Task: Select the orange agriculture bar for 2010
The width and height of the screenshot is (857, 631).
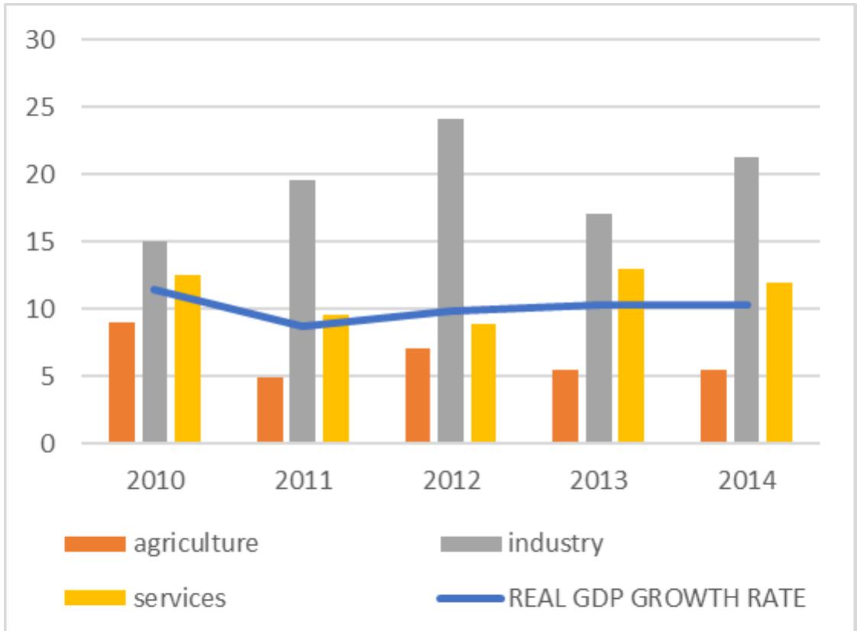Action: pyautogui.click(x=122, y=382)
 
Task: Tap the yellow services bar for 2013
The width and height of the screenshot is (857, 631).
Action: pyautogui.click(x=631, y=356)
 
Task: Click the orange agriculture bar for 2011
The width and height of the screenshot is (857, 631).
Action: pyautogui.click(x=270, y=409)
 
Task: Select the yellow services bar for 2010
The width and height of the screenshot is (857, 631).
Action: pyautogui.click(x=187, y=359)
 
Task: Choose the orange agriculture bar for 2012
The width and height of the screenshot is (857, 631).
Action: pyautogui.click(x=418, y=396)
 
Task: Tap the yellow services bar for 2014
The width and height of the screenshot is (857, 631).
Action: pyautogui.click(x=779, y=363)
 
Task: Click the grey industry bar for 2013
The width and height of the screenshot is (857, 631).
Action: pyautogui.click(x=599, y=328)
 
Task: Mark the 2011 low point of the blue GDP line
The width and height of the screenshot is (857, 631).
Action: pyautogui.click(x=303, y=326)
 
